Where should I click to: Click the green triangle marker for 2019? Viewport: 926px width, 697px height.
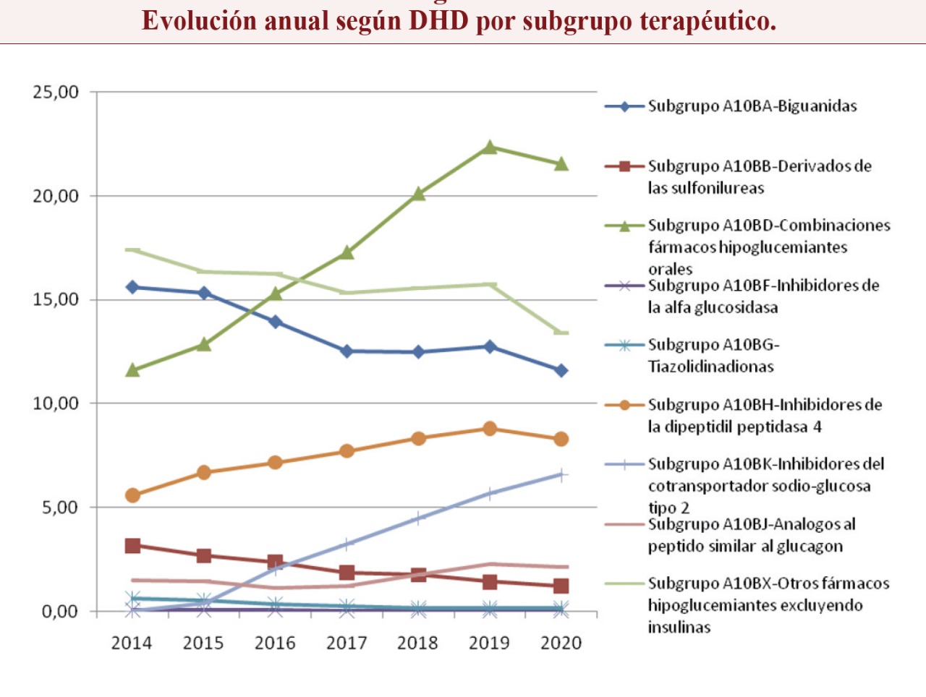click(x=490, y=147)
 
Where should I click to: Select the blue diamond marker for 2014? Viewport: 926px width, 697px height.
click(x=132, y=287)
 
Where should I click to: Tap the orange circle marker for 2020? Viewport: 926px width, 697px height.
click(x=561, y=439)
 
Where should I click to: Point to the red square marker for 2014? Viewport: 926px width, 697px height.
click(x=132, y=546)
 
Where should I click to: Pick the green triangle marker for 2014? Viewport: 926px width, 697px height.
click(x=132, y=370)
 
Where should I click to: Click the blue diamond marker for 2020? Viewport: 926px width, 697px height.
click(x=561, y=370)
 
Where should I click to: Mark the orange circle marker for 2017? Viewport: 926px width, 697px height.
click(x=347, y=451)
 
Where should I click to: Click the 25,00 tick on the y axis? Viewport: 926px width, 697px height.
click(x=56, y=93)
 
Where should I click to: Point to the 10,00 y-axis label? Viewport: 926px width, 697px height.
click(x=56, y=403)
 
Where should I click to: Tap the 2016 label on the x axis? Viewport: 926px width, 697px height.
click(x=275, y=643)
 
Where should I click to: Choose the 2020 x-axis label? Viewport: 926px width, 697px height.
click(x=561, y=643)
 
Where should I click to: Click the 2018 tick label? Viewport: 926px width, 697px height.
click(x=417, y=643)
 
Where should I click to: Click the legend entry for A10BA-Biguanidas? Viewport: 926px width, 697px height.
click(x=752, y=106)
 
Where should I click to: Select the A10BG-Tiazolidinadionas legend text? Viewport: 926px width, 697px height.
click(x=713, y=355)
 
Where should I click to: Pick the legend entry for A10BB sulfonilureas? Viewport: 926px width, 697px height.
click(x=760, y=176)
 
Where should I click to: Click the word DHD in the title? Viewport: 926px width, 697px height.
click(x=439, y=21)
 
